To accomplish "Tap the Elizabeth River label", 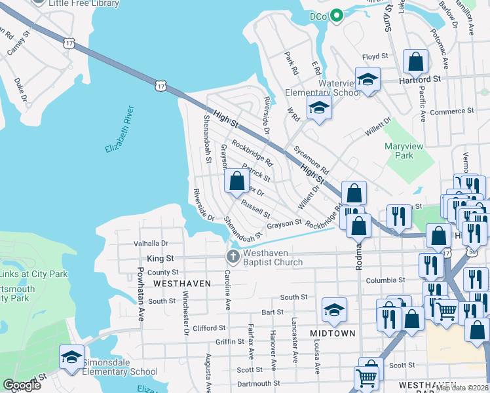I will (120, 130).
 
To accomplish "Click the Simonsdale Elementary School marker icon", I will (71, 357).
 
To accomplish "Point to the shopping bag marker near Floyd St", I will (415, 63).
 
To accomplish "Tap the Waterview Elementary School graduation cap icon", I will (368, 80).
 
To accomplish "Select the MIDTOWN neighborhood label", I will (332, 333).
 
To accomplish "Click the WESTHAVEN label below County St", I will (182, 283).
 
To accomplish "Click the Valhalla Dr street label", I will (151, 243).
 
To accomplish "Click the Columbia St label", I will (385, 280).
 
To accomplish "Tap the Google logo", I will (22, 385).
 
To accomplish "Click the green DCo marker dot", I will (337, 16).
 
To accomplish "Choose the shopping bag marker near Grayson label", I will (236, 181).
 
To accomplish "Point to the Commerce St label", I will (451, 112).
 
